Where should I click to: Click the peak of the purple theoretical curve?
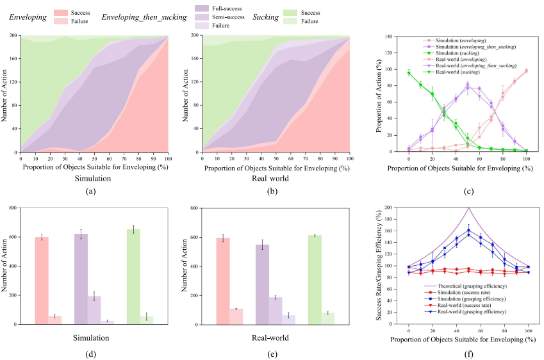pos(468,208)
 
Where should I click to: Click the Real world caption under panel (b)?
pos(276,178)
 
